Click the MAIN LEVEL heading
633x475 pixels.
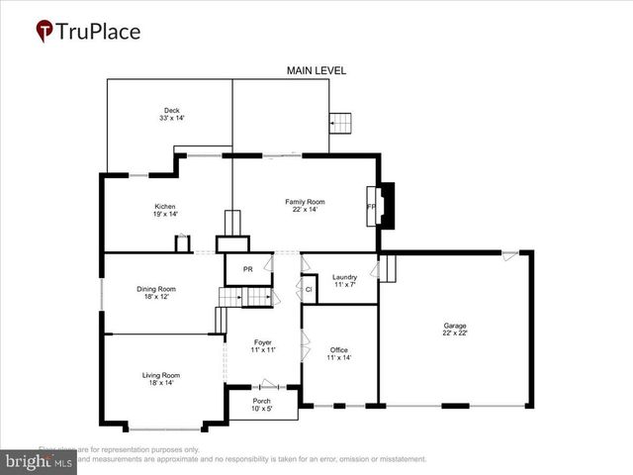(x=316, y=71)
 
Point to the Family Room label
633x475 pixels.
(x=305, y=206)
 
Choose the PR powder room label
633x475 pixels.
(x=248, y=267)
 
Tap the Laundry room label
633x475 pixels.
(x=344, y=281)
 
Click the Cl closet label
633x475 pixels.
(x=309, y=289)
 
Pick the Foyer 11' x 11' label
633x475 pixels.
(x=262, y=346)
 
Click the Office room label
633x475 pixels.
(x=339, y=353)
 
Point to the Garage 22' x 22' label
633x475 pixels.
(x=455, y=330)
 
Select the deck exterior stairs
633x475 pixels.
(x=340, y=123)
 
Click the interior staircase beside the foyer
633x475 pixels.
(x=244, y=298)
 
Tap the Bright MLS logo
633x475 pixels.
(x=40, y=461)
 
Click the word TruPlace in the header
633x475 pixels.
(x=99, y=32)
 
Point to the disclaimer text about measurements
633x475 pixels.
(x=247, y=459)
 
